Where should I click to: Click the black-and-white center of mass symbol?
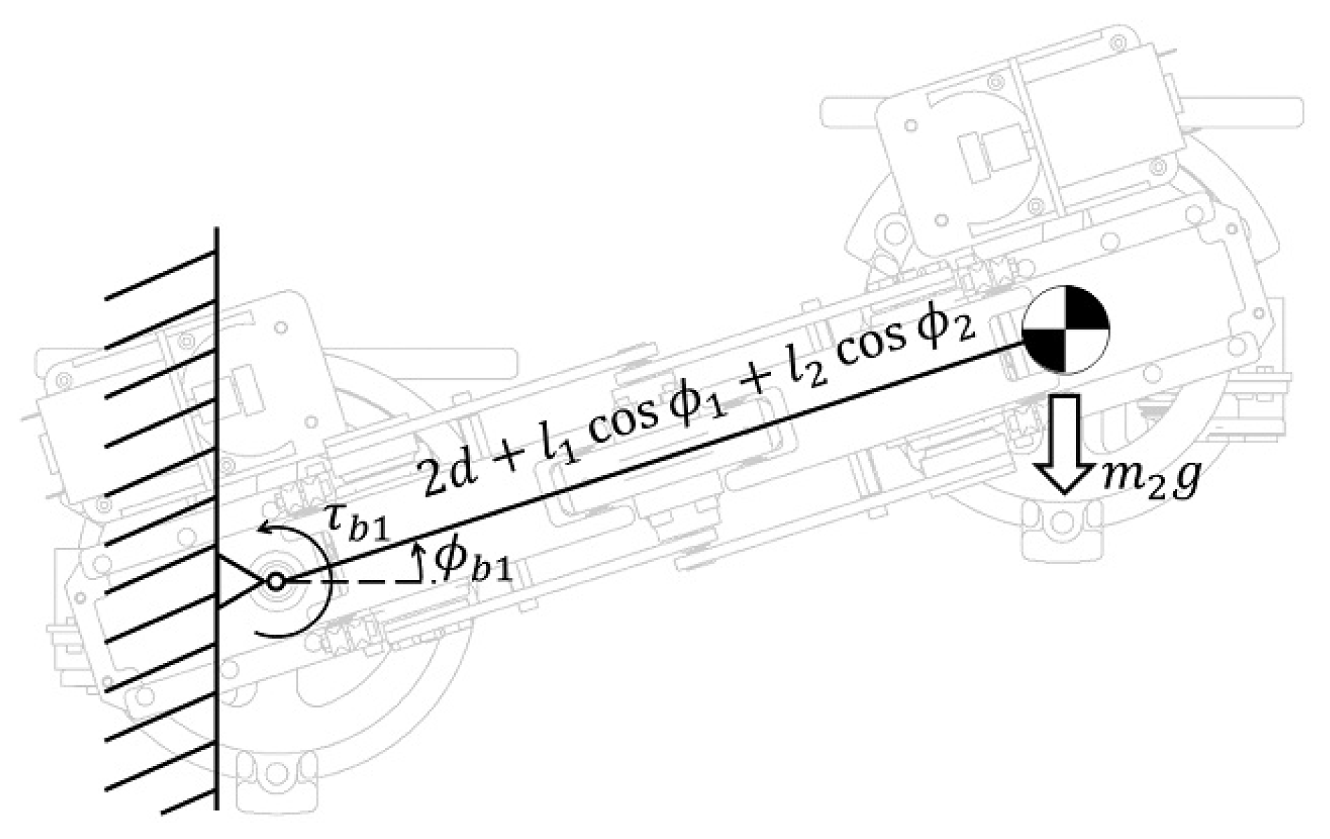1066,329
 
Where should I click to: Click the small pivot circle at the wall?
276,582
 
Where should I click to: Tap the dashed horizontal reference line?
351,582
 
